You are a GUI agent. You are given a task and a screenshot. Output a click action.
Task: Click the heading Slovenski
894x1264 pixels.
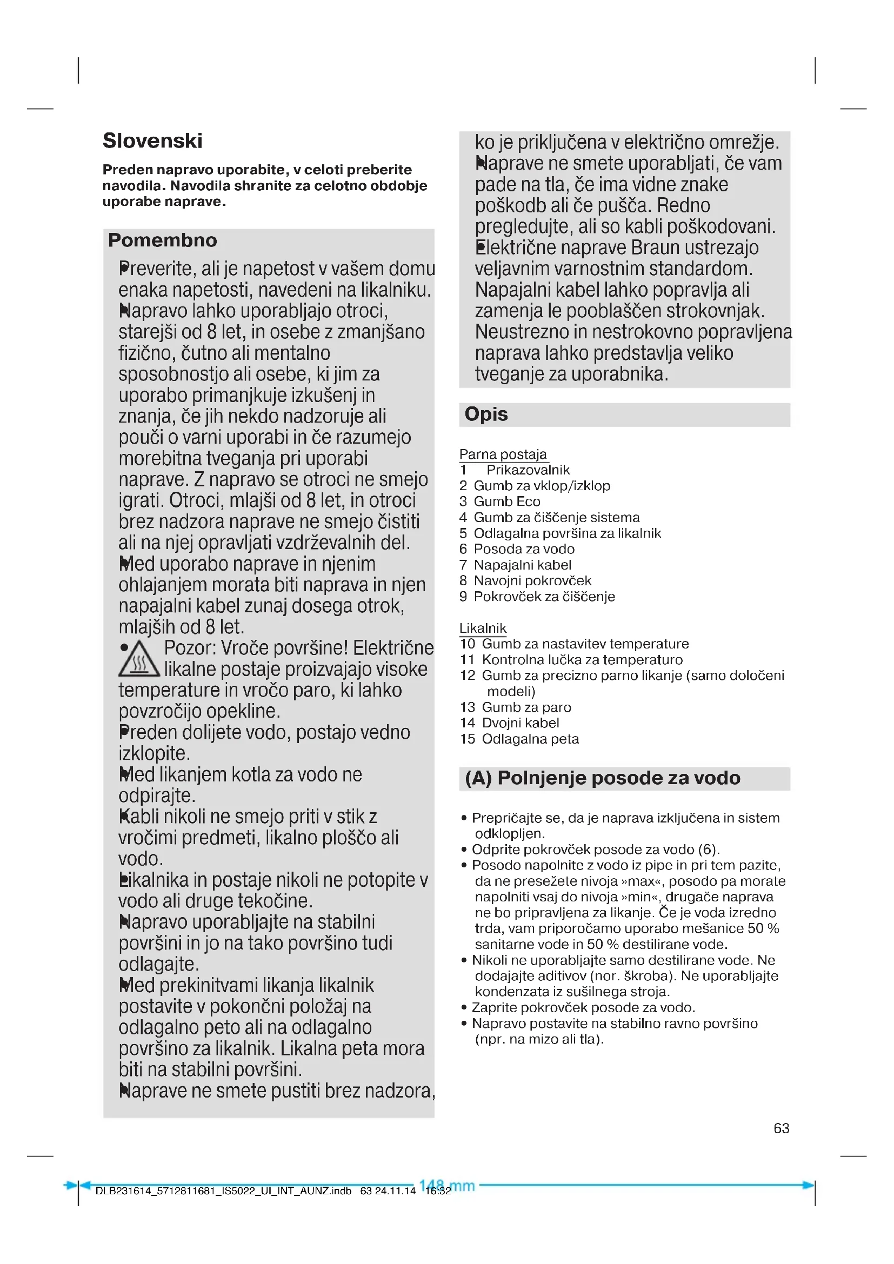pyautogui.click(x=152, y=141)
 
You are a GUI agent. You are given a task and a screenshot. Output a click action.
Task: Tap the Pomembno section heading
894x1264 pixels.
pyautogui.click(x=162, y=240)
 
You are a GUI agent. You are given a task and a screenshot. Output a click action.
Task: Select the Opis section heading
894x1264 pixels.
pyautogui.click(x=485, y=414)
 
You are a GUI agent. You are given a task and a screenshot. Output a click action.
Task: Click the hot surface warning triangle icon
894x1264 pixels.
pyautogui.click(x=139, y=660)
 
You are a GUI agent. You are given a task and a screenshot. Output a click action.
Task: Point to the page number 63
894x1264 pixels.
pyautogui.click(x=781, y=1128)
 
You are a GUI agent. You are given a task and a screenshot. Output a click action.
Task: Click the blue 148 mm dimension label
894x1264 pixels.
pyautogui.click(x=447, y=1185)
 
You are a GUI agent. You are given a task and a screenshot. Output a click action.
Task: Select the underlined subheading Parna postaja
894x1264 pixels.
pyautogui.click(x=503, y=454)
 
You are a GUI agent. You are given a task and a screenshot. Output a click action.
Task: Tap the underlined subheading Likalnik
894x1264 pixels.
pyautogui.click(x=483, y=628)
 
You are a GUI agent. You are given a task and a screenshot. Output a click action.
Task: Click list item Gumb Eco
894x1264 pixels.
pyautogui.click(x=506, y=501)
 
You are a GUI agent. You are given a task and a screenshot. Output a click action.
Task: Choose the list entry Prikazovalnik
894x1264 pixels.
pyautogui.click(x=528, y=470)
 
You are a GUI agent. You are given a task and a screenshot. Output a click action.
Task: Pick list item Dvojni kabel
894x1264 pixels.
pyautogui.click(x=520, y=723)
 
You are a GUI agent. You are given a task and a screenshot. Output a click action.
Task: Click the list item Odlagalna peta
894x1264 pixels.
pyautogui.click(x=530, y=739)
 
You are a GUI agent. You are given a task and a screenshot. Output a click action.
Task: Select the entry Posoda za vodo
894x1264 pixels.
pyautogui.click(x=524, y=549)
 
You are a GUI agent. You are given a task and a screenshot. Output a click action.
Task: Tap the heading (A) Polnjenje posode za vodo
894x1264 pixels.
pyautogui.click(x=602, y=778)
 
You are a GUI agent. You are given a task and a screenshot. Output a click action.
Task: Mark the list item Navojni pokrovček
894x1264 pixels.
pyautogui.click(x=532, y=581)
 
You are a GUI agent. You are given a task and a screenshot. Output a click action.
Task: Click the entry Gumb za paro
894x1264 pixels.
pyautogui.click(x=526, y=707)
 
